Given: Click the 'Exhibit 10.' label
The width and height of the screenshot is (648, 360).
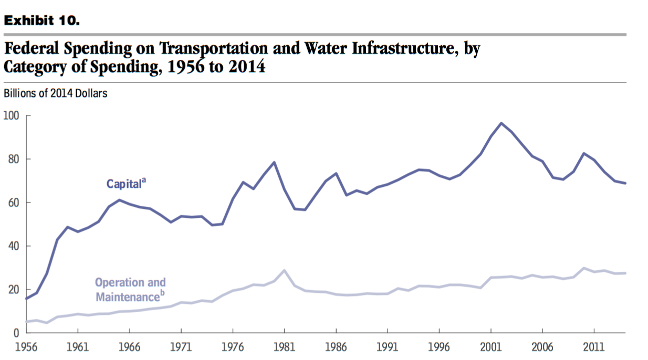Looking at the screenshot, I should click(x=41, y=21).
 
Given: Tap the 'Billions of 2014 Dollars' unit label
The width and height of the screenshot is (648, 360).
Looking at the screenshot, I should click(x=55, y=94).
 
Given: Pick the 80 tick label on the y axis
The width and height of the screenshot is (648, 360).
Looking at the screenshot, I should click(x=12, y=159).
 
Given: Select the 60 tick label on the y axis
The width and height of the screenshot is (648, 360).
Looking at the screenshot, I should click(x=12, y=203).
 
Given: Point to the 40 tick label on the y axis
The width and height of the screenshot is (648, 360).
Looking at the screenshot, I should click(x=12, y=246).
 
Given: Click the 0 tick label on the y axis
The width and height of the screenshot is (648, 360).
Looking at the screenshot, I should click(x=16, y=333).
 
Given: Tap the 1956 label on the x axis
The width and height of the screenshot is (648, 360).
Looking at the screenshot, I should click(x=26, y=347).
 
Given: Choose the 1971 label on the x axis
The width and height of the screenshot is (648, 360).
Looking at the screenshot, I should click(x=181, y=347).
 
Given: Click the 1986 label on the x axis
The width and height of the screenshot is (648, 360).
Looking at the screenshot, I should click(x=336, y=347).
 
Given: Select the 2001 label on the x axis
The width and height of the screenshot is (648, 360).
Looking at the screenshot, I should click(x=490, y=347).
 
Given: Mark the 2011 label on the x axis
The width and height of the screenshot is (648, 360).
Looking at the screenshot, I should click(x=594, y=347).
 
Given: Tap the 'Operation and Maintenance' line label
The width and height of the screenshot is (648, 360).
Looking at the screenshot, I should click(x=130, y=290).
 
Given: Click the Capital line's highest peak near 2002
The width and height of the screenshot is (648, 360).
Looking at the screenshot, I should click(x=501, y=123).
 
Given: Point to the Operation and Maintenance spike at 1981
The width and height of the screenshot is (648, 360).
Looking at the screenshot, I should click(x=284, y=270).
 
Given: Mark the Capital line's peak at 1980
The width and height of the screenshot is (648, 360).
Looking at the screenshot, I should click(x=274, y=162).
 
